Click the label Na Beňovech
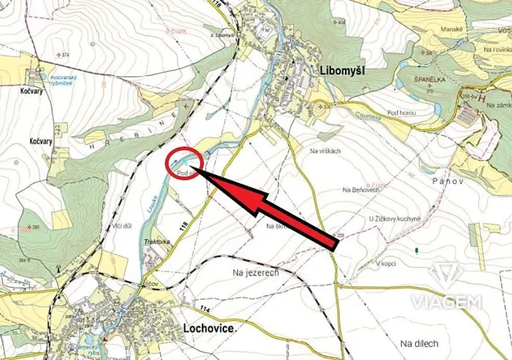pyautogui.click(x=361, y=189)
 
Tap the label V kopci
pyautogui.click(x=386, y=264)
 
